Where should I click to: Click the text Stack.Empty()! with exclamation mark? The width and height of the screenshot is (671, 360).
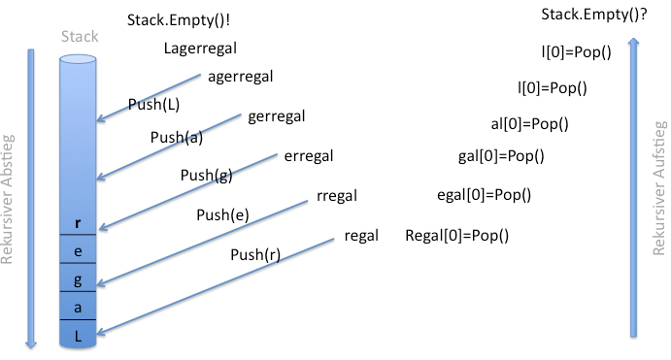tap(179, 20)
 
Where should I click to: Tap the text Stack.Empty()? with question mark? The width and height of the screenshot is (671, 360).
tap(594, 15)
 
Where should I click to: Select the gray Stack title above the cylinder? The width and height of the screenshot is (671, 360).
tap(80, 36)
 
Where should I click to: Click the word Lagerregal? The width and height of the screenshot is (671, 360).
tap(200, 49)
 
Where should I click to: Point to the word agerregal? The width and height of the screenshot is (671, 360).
tap(241, 77)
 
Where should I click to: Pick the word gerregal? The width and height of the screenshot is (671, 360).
tap(277, 116)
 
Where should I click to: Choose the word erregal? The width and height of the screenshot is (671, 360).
tap(309, 156)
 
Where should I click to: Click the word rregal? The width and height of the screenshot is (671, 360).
tap(337, 196)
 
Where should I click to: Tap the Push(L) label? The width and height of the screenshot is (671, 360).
tap(153, 105)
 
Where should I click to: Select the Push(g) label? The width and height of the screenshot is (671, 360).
tap(206, 175)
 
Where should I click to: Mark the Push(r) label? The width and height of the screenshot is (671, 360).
tap(255, 254)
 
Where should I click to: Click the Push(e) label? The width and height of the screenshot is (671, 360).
tap(222, 214)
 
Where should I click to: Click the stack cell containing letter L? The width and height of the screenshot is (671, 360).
tap(78, 334)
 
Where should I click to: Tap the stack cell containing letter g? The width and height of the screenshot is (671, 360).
tap(78, 278)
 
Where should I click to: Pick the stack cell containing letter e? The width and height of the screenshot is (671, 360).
tap(78, 248)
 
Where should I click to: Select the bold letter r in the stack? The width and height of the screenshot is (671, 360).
tap(78, 223)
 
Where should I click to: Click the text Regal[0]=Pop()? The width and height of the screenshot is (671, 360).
tap(457, 236)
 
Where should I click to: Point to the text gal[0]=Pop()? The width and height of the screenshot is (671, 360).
tap(501, 156)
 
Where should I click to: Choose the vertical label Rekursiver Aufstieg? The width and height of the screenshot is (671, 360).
tap(659, 188)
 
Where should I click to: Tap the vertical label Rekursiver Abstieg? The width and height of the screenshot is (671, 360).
tap(7, 199)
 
